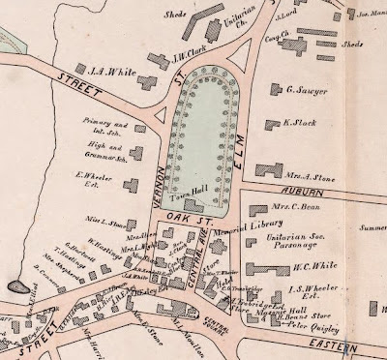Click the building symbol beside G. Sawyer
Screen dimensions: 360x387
tap(272, 93)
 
